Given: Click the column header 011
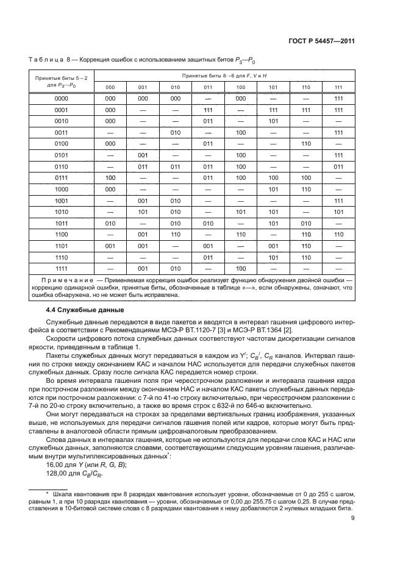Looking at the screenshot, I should pos(207,87).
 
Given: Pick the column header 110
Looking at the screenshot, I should pos(306,87).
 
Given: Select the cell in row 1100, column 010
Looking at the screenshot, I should pos(175,235).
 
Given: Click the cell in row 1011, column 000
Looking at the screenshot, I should pos(110,223).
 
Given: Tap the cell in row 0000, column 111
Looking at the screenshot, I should pos(338,98).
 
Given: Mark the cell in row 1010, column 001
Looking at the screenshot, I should pos(143,212).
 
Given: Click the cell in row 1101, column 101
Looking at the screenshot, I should pos(273,246).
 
